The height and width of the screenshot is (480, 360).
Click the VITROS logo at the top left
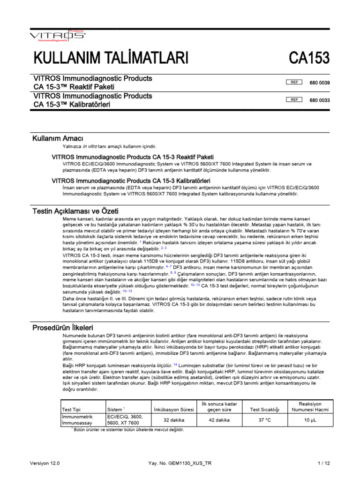pos(57,35)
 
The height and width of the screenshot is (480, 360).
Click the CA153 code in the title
pos(309,59)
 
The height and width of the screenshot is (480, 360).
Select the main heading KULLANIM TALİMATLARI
pos(111,59)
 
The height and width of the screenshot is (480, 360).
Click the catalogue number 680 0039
pos(320,83)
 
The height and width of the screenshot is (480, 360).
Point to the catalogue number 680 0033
pos(320,100)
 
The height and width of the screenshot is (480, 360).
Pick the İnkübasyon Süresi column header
pos(173,409)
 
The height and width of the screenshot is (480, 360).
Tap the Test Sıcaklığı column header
pos(265,409)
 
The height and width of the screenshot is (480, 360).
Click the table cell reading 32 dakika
pos(173,420)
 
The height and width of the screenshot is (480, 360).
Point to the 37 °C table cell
pos(265,420)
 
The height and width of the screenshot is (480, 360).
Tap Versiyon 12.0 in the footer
pos(45,463)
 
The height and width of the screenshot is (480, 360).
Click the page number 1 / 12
pos(323,463)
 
